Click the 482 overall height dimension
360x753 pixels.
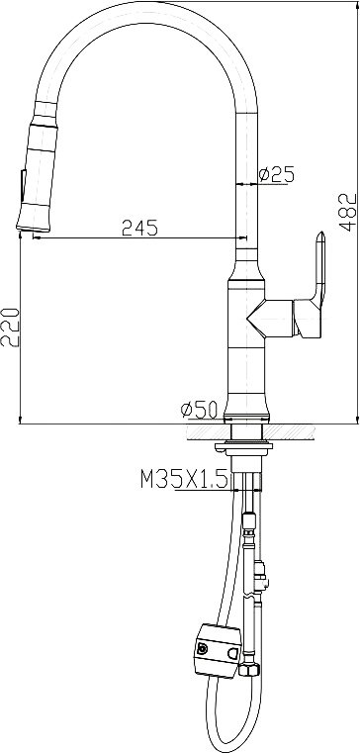[348, 213]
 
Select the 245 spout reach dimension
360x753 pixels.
[139, 228]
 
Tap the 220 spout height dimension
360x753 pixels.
[10, 327]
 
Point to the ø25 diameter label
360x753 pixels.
[276, 174]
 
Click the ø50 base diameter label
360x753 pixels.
[199, 410]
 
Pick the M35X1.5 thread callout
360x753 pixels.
[184, 479]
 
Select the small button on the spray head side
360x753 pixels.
[23, 186]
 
